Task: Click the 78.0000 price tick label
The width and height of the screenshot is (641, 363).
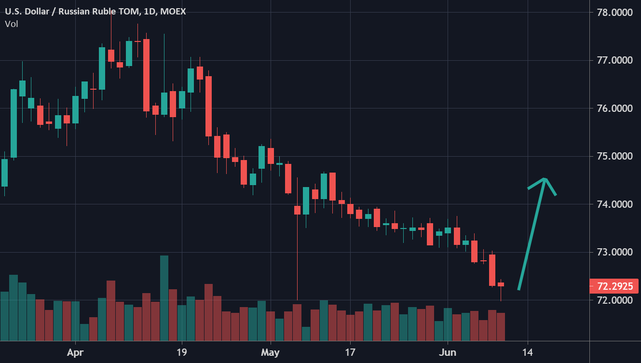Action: (x=615, y=13)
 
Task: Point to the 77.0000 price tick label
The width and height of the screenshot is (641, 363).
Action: (x=615, y=61)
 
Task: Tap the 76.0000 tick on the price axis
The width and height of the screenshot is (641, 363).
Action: (x=615, y=108)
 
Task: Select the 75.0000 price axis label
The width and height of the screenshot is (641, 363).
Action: (x=615, y=157)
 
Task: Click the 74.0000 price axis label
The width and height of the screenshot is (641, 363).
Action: (x=615, y=204)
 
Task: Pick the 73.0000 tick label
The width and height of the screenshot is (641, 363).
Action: (x=615, y=253)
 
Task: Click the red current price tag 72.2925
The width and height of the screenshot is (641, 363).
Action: (x=615, y=286)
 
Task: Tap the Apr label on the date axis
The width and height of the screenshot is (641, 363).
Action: (x=75, y=352)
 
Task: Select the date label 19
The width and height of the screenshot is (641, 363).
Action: (x=181, y=352)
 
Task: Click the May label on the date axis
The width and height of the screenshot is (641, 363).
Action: (x=270, y=352)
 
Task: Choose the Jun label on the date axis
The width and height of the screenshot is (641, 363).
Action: (x=448, y=352)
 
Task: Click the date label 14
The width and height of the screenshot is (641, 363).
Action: (x=528, y=352)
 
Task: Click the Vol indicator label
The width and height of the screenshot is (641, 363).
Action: (x=12, y=24)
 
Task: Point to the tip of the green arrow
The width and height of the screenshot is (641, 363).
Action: (x=545, y=180)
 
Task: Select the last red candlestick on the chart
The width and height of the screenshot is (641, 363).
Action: (x=501, y=284)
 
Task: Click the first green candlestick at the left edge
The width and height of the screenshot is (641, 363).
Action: (x=4, y=173)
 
